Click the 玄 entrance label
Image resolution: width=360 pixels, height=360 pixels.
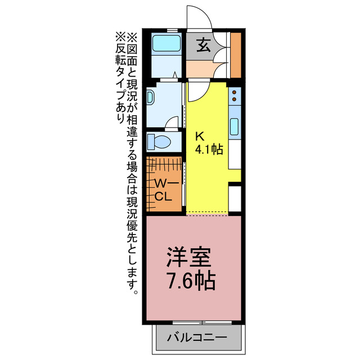coord(203,46)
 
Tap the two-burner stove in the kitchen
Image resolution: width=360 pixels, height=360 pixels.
coord(235,98)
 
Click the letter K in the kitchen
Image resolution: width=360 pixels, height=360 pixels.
coord(199,136)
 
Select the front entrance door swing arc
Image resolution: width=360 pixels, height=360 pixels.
coord(200,17)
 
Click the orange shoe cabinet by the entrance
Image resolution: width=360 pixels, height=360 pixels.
coord(236,55)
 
